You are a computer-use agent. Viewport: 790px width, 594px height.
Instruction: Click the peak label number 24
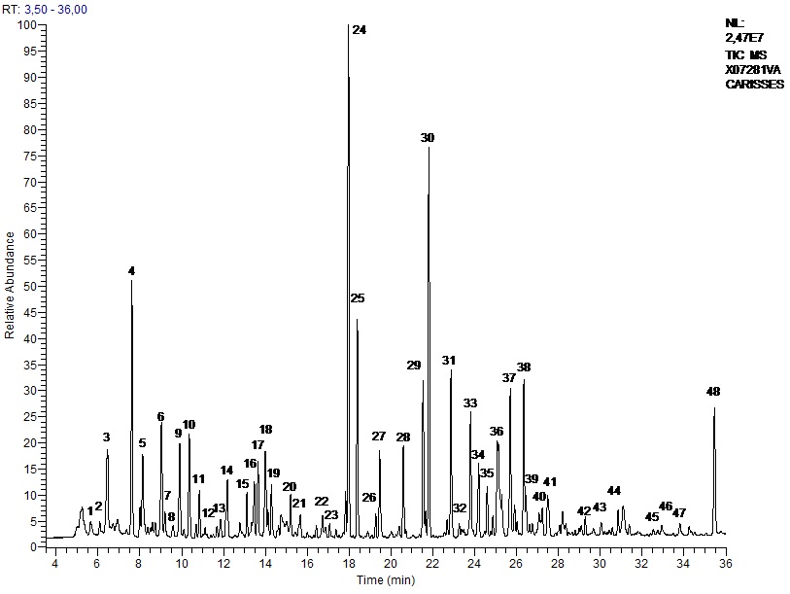tap(359, 30)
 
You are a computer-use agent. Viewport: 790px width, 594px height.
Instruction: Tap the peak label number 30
tap(428, 138)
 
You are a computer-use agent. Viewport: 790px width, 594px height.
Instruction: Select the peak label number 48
tap(713, 392)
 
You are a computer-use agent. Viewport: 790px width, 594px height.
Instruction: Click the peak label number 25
tap(358, 297)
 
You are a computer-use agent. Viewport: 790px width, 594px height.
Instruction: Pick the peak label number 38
tap(524, 367)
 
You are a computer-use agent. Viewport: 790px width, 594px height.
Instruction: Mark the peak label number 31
tap(448, 361)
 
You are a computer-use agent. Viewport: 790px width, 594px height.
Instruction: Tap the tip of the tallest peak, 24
tap(348, 26)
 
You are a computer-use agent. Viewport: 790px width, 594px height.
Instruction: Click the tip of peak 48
tap(714, 407)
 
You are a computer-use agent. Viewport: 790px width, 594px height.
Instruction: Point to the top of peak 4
tap(131, 281)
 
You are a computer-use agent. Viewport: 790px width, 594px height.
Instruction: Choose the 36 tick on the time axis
tap(725, 561)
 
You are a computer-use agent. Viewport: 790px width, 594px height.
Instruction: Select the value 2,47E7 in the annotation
tap(745, 37)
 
